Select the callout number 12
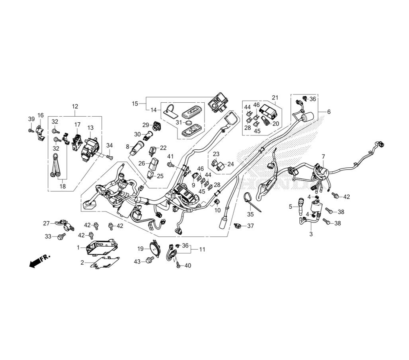coord(75,107)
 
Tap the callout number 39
coord(31,119)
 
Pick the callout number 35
coord(250,214)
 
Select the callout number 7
coord(323,157)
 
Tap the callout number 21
coord(275,97)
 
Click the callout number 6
coord(329,112)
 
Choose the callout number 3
coord(311,234)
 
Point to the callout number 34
coord(109,145)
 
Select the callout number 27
coord(46,223)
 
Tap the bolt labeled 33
coord(61,236)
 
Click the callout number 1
coord(78,248)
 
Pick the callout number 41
coord(170,156)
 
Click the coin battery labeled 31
coord(189,123)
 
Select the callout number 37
coord(250,226)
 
